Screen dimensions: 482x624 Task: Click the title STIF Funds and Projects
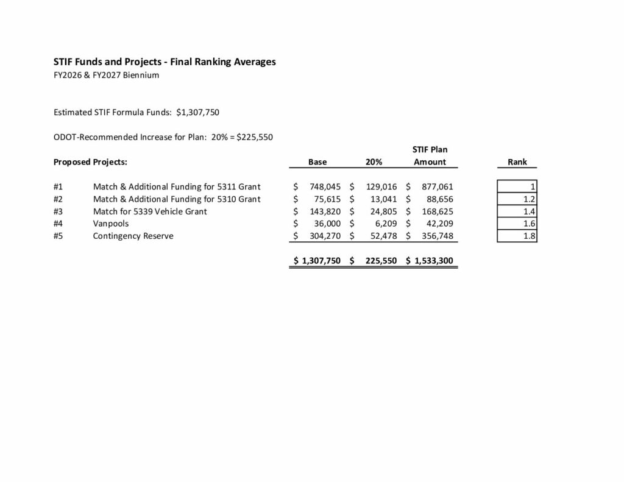(x=165, y=62)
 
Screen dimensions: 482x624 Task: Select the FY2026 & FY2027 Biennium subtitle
(x=107, y=76)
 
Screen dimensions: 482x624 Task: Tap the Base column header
(x=317, y=162)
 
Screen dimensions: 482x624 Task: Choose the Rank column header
(x=517, y=162)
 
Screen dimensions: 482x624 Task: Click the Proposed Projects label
(x=90, y=162)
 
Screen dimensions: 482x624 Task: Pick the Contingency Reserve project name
(x=133, y=236)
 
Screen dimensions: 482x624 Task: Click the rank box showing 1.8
(x=517, y=236)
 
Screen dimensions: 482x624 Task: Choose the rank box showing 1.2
(x=517, y=199)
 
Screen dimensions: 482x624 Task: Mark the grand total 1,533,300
(x=434, y=261)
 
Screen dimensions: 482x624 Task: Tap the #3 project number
(x=58, y=211)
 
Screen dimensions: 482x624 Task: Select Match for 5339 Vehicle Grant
(x=150, y=211)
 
